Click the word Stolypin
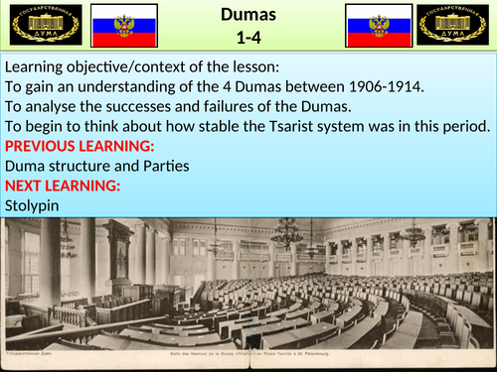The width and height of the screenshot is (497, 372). pyautogui.click(x=33, y=204)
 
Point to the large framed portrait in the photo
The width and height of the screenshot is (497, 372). pyautogui.click(x=120, y=262)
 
